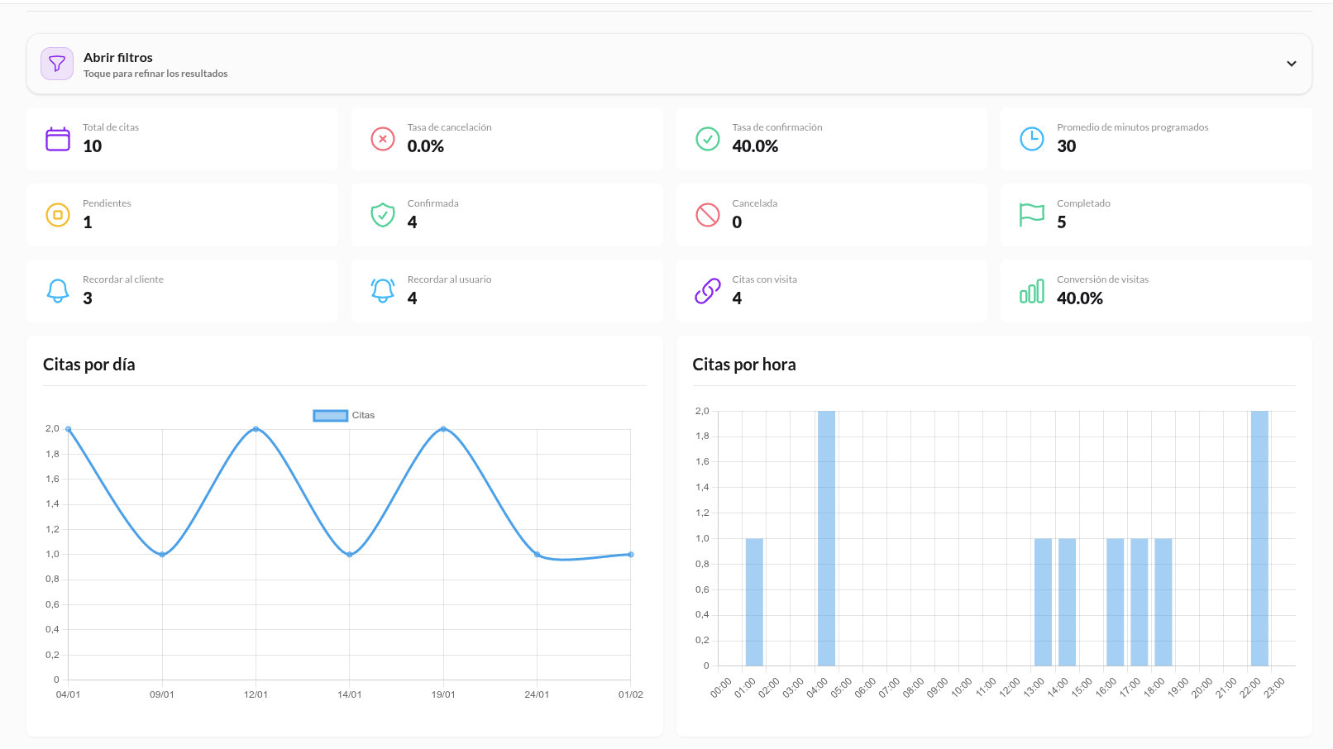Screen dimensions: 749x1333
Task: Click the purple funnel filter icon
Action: [57, 64]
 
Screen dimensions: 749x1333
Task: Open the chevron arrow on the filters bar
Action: [1291, 64]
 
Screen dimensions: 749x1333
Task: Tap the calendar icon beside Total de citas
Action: [58, 139]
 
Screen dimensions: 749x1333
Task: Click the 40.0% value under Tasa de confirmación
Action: [754, 146]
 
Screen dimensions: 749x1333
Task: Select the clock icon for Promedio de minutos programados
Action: [1031, 139]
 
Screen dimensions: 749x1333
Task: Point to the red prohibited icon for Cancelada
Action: [707, 215]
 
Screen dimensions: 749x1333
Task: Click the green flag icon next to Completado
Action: [1031, 215]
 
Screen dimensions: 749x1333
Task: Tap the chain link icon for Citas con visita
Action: [707, 291]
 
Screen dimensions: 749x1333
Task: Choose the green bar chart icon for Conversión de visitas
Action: [1031, 291]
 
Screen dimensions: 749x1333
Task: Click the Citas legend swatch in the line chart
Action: [330, 416]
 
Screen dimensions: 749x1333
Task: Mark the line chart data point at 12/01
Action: [256, 429]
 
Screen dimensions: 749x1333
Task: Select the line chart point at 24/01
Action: [537, 555]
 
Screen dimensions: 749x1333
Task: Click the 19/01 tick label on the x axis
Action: [443, 694]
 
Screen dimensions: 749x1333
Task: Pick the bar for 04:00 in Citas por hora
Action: [826, 537]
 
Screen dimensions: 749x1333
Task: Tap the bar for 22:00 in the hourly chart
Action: [1259, 537]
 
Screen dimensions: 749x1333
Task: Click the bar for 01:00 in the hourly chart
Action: [754, 602]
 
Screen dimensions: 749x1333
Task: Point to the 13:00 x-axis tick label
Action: [1034, 688]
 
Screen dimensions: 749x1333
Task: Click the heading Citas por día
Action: [88, 365]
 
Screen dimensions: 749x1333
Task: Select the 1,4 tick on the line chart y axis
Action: [52, 504]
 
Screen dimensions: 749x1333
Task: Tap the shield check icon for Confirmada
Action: [382, 215]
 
